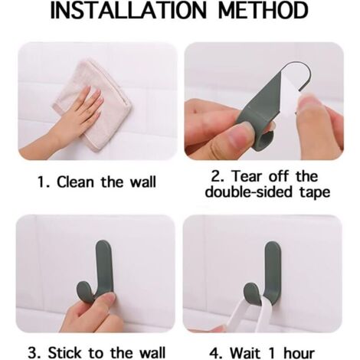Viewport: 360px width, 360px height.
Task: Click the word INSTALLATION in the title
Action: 128,10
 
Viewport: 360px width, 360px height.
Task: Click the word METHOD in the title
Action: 263,10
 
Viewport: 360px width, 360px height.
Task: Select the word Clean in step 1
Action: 76,182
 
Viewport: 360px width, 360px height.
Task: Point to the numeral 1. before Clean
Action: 44,182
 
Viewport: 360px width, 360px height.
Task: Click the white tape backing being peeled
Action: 287,93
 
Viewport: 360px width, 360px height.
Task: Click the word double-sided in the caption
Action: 248,191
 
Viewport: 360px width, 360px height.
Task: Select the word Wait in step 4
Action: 246,353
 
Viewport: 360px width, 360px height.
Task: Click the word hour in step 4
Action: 299,353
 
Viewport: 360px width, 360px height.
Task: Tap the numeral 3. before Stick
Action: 34,352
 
